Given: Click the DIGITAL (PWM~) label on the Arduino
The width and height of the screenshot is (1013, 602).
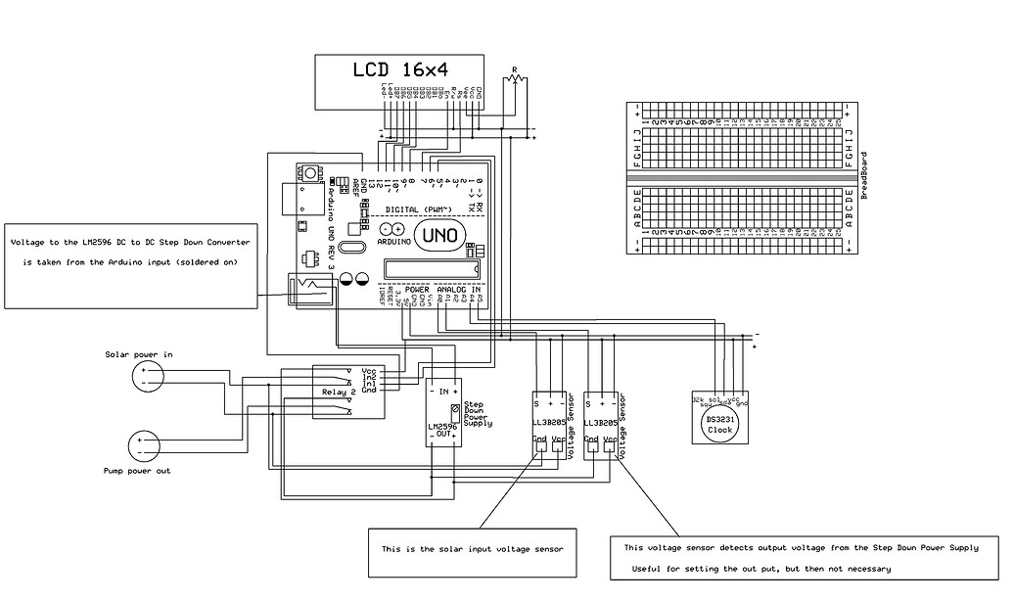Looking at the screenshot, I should click(x=418, y=210).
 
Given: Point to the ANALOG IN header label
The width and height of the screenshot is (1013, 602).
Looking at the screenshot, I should click(x=458, y=291).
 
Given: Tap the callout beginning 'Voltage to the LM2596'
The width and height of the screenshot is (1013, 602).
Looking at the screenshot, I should click(x=131, y=252).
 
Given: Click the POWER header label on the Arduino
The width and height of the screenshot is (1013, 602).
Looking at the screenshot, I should click(x=417, y=291).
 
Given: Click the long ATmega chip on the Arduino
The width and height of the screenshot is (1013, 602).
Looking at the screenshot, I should click(x=432, y=267).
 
